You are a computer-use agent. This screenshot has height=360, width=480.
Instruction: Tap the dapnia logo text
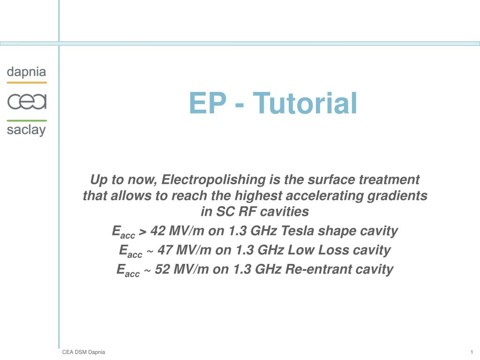[27, 72]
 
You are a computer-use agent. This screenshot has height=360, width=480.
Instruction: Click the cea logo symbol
[27, 101]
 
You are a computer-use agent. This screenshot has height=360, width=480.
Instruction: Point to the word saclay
[27, 130]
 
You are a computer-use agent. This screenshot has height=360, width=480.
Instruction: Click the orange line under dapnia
[27, 82]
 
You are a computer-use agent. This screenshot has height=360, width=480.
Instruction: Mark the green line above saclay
[27, 120]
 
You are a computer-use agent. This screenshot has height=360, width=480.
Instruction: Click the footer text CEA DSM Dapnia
[83, 352]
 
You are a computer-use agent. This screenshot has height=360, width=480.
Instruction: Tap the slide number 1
[470, 352]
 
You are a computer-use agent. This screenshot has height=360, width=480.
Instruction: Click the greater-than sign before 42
[143, 232]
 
